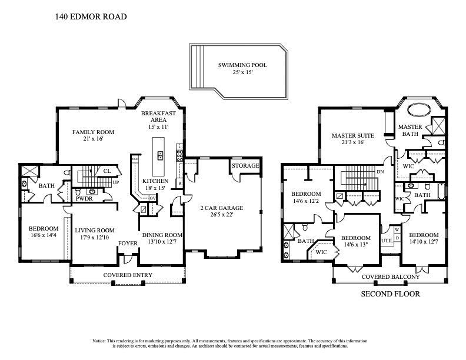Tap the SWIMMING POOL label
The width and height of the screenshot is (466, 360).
tap(242, 65)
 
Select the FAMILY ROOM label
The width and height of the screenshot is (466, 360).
tap(93, 132)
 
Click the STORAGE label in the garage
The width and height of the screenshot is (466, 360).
tap(245, 166)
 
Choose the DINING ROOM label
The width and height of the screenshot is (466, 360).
tap(162, 235)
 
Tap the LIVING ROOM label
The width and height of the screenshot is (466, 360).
tap(94, 230)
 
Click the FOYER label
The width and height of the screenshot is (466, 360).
tap(128, 242)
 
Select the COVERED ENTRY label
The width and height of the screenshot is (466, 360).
tap(128, 275)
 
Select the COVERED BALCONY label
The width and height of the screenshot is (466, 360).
tap(390, 277)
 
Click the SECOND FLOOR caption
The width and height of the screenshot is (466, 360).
tap(390, 294)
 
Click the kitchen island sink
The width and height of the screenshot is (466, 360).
tap(159, 155)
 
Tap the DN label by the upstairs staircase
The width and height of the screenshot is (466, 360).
tap(380, 171)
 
